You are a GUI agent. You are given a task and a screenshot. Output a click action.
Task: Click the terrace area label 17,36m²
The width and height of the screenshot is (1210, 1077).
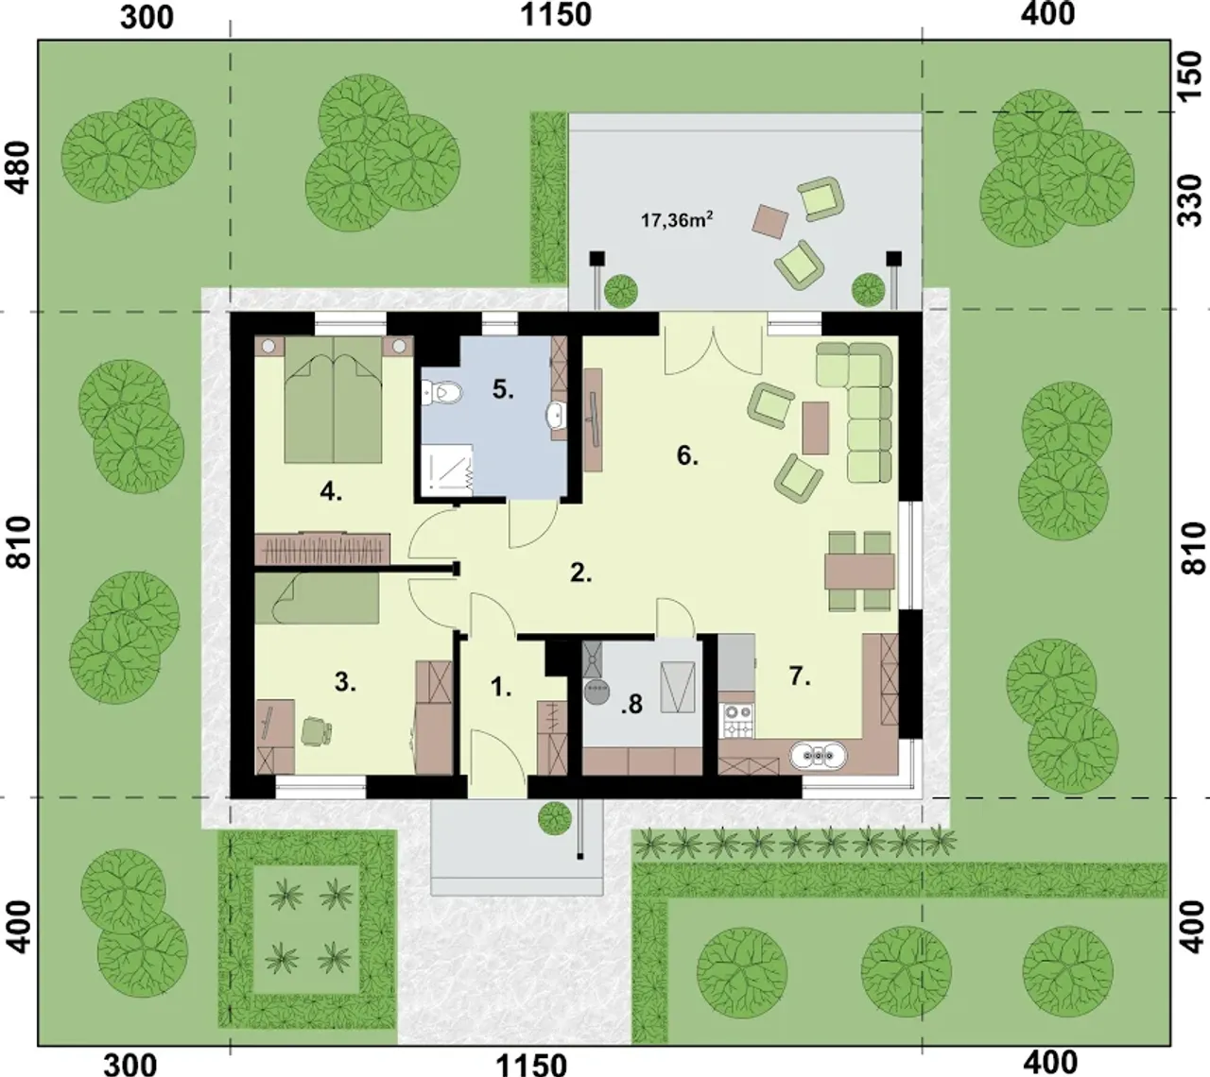coord(677,220)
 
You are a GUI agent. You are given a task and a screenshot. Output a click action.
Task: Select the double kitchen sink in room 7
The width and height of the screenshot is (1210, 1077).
coord(818,755)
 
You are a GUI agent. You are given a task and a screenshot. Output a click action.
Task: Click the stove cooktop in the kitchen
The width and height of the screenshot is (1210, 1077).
coord(738,720)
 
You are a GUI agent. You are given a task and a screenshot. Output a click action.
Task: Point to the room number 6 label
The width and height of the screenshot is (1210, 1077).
coord(687,456)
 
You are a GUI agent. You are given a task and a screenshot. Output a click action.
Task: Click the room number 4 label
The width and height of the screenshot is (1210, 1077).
coord(331,492)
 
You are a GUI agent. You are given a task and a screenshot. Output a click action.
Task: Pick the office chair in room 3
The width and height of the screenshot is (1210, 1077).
coord(316,730)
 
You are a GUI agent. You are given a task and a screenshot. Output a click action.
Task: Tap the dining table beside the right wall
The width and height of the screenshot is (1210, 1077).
coord(859,572)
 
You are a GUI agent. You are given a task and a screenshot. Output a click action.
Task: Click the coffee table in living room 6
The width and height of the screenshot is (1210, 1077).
coord(815,428)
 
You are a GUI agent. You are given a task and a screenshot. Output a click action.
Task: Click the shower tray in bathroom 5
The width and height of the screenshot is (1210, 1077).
coord(447,470)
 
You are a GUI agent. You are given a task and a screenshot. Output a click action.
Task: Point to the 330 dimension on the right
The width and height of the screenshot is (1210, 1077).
coord(1191,200)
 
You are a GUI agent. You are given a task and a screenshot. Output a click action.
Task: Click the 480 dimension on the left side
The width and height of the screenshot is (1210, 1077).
coord(20,168)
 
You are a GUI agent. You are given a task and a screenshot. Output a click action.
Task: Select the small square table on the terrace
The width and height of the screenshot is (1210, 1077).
coord(769,221)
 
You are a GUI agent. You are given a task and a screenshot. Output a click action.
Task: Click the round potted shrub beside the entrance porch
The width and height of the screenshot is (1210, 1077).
coord(555,818)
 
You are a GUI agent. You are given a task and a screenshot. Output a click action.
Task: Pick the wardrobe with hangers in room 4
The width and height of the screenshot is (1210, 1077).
coord(322,548)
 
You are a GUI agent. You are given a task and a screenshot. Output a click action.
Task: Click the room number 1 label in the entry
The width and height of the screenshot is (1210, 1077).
coord(501,688)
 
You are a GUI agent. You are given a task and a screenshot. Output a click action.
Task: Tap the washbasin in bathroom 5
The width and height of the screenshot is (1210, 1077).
coord(557,413)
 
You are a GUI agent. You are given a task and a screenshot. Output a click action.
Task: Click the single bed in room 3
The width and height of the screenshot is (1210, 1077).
coord(317,599)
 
